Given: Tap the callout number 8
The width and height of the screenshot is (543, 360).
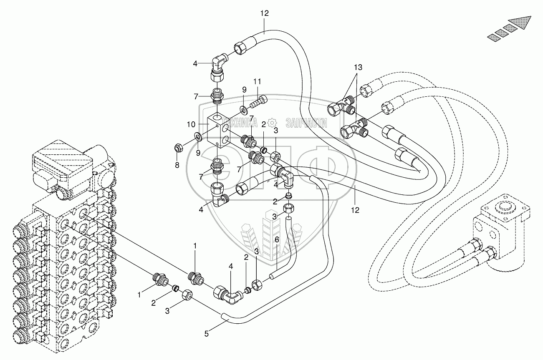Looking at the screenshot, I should click(x=177, y=165).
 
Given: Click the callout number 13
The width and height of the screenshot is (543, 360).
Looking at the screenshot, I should click(x=358, y=67).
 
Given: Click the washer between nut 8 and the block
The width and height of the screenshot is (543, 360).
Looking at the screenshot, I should click(x=198, y=136).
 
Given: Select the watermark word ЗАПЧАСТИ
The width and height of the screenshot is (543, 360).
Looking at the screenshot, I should click(x=306, y=122).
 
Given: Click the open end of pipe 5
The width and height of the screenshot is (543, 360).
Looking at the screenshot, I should click(x=224, y=319).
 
